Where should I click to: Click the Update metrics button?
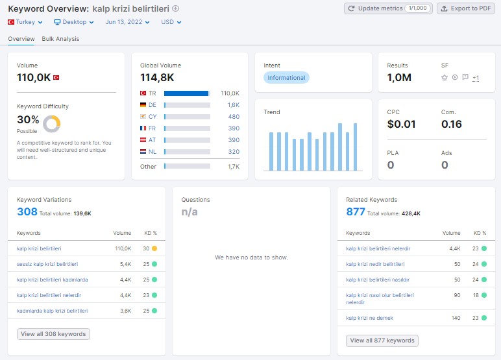[x=388, y=8]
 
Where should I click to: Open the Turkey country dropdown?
[x=25, y=22]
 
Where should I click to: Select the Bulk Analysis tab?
[x=60, y=39]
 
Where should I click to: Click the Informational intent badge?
[x=286, y=78]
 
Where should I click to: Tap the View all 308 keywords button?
[x=53, y=334]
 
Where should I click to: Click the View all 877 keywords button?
[x=382, y=341]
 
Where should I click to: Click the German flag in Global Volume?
[x=143, y=105]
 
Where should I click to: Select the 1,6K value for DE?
[x=234, y=105]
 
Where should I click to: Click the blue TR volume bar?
[x=186, y=93]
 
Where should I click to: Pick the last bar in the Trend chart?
[x=355, y=147]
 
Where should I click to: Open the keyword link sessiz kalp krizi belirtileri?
[x=47, y=264]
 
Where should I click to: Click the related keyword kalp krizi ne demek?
[x=370, y=318]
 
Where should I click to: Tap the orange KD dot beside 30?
[x=154, y=248]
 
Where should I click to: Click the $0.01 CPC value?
[x=401, y=124]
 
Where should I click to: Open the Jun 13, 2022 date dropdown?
[x=127, y=22]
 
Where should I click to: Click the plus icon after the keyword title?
[x=176, y=8]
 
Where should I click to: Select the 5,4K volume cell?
[x=125, y=264]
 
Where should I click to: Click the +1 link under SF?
[x=476, y=78]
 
